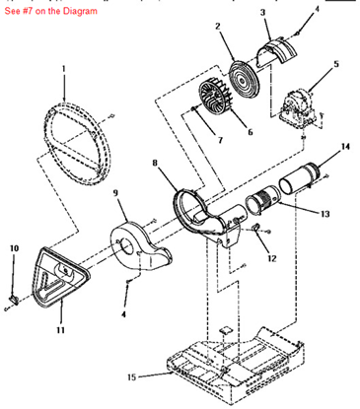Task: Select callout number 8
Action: pos(155,163)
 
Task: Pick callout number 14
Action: pos(345,148)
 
